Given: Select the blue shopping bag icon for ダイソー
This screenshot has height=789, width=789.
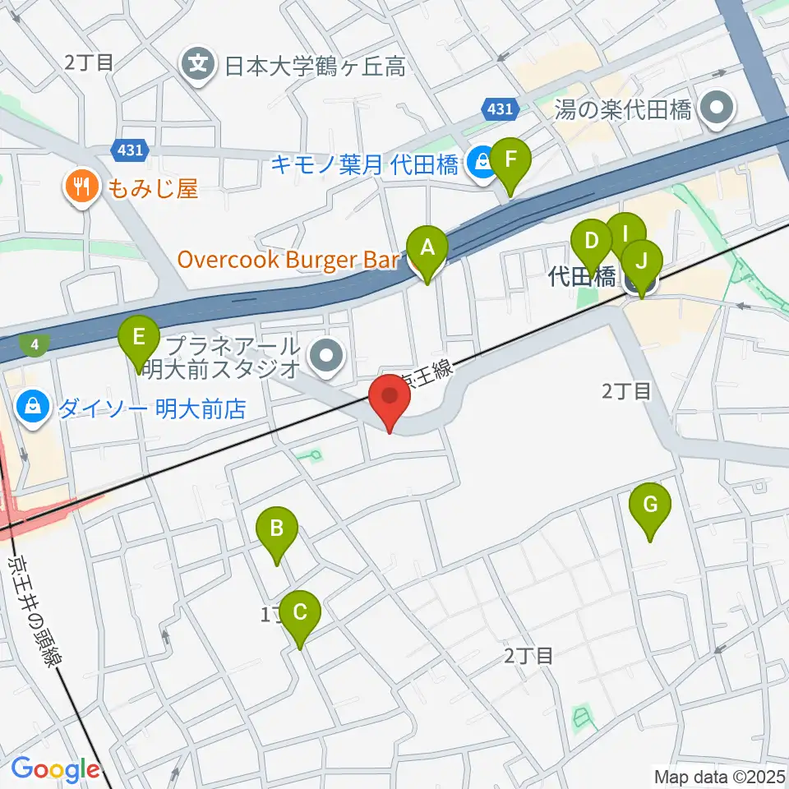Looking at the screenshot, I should pos(34,408).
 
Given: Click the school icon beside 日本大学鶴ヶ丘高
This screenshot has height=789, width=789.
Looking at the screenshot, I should pos(198,63).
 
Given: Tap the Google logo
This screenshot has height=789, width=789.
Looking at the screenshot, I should pos(55,770).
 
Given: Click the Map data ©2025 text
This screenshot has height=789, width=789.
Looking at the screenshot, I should pos(720,776).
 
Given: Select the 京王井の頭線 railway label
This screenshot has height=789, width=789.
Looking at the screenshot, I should pos(36,609).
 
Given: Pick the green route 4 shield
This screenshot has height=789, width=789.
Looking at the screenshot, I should pos(35,344).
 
